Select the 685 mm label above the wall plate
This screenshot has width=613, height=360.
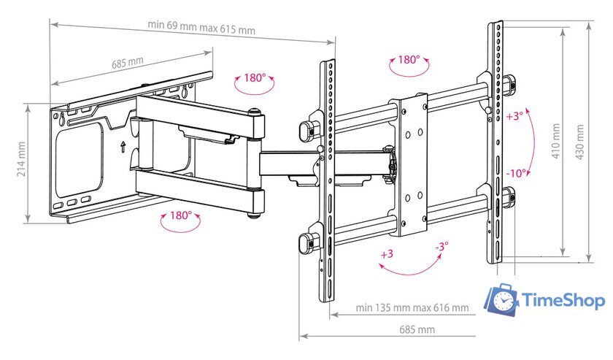pos(128,63)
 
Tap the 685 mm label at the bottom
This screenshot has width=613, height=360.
pos(417,329)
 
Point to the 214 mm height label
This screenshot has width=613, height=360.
pos(21,159)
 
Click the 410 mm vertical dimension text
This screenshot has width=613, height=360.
pos(555,141)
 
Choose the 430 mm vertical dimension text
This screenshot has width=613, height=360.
pos(579,142)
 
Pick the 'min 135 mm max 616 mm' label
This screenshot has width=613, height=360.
pos(412,307)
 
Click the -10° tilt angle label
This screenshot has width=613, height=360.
pos(516,173)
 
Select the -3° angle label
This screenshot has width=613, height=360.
pos(442,247)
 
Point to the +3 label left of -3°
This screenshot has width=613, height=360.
pos(387,254)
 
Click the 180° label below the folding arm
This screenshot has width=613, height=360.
pos(181,215)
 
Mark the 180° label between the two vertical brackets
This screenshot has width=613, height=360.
pos(409,59)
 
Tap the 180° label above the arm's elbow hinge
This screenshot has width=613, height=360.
pos(255,77)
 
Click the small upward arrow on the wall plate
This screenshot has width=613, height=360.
pos(123,147)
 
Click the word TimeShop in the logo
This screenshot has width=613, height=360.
pos(563,301)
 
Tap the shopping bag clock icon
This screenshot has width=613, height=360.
pos(501,299)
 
